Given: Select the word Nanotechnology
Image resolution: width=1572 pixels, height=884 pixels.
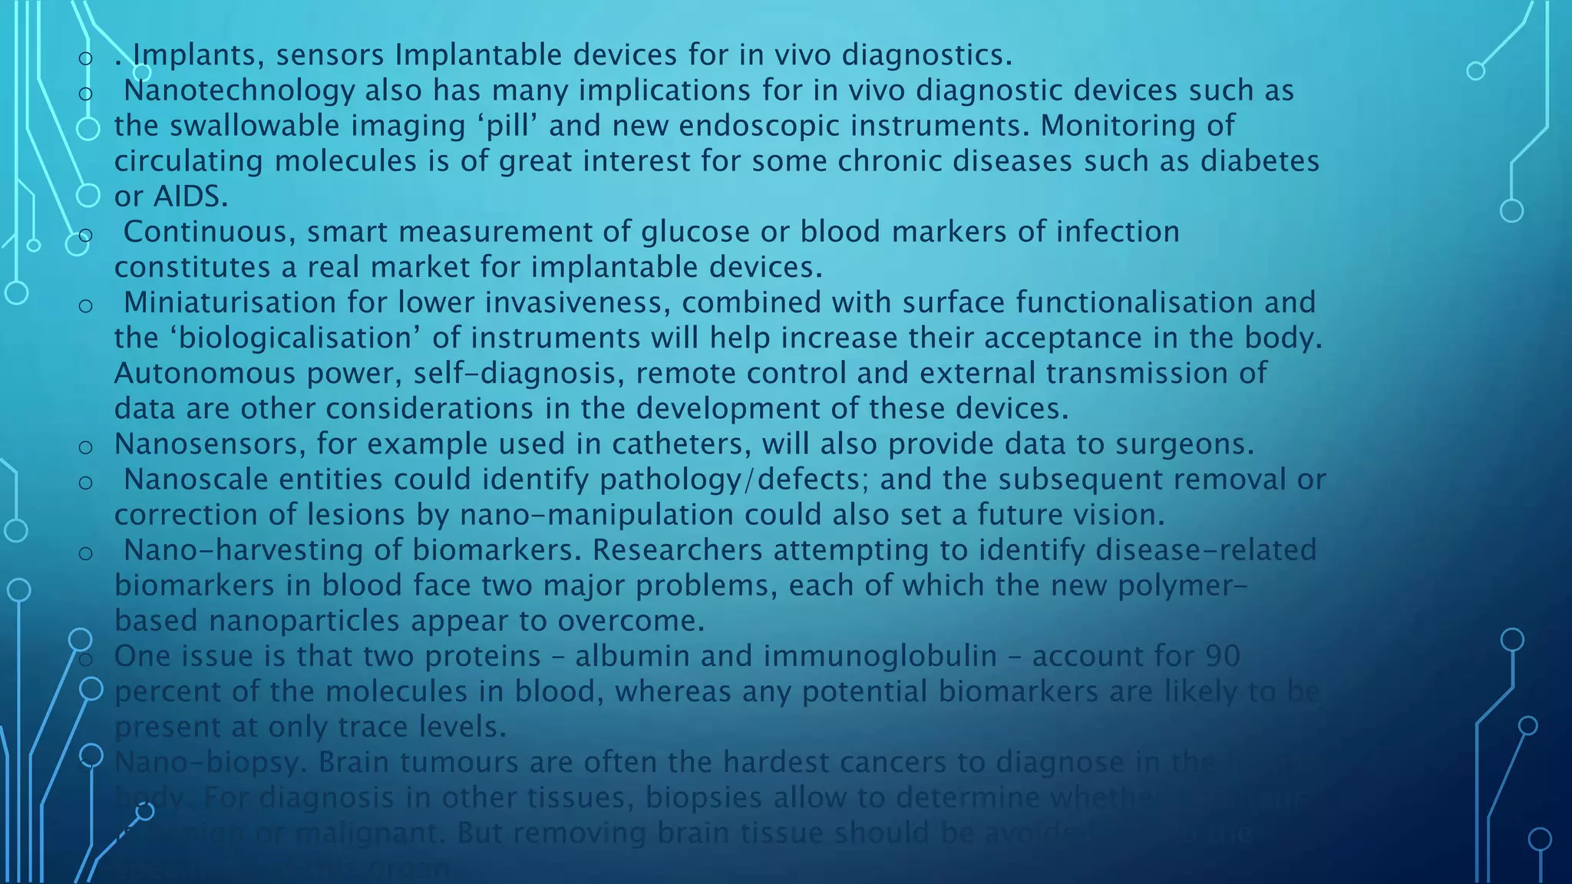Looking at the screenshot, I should point(239,91).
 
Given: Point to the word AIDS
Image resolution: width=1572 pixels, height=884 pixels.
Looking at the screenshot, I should point(190,196).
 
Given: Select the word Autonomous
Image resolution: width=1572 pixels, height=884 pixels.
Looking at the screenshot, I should point(204,373).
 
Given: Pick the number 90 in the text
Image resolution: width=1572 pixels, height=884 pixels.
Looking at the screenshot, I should point(1223,656).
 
